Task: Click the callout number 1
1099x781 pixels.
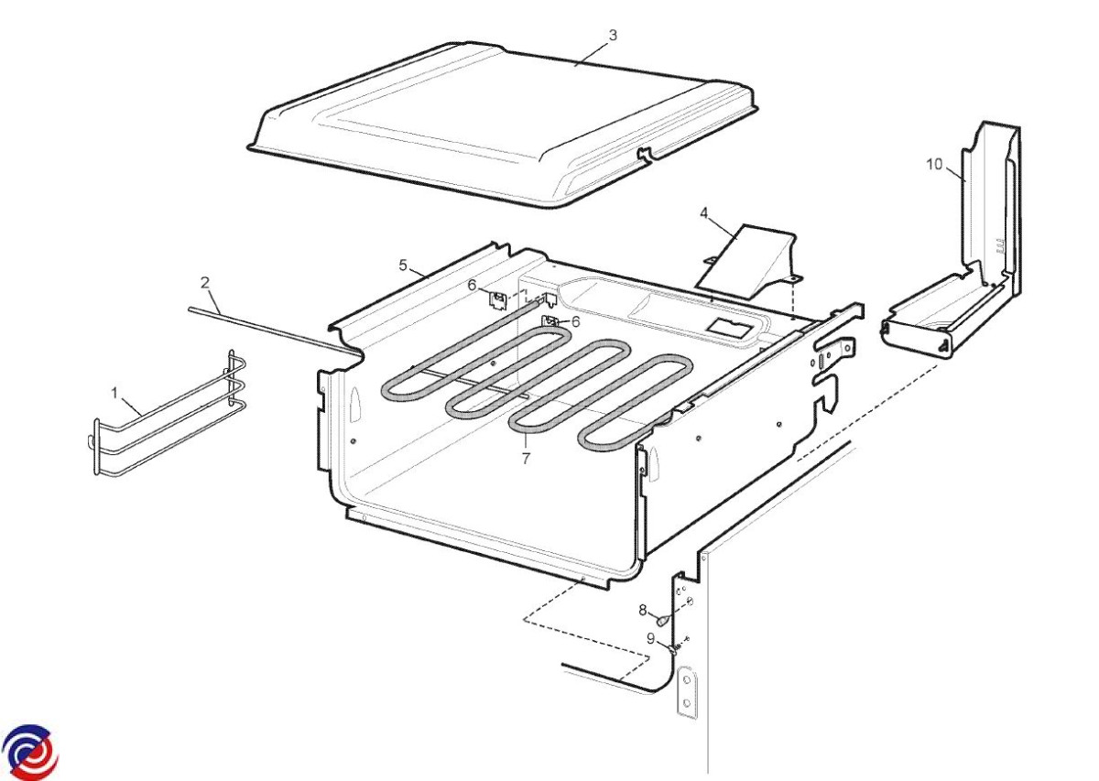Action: (x=114, y=393)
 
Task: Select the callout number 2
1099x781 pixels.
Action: (x=205, y=283)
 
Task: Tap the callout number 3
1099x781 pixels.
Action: (x=613, y=36)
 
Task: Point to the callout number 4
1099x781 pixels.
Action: (x=704, y=213)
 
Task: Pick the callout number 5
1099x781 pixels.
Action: (x=403, y=266)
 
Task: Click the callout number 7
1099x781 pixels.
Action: (x=526, y=458)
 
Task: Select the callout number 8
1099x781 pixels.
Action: (x=643, y=610)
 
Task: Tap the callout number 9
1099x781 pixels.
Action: (x=650, y=638)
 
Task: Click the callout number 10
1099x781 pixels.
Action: (x=934, y=164)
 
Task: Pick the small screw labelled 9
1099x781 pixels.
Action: (x=674, y=650)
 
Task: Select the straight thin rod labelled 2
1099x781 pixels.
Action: (x=274, y=331)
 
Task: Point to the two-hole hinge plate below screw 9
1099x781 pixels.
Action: (x=687, y=691)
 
